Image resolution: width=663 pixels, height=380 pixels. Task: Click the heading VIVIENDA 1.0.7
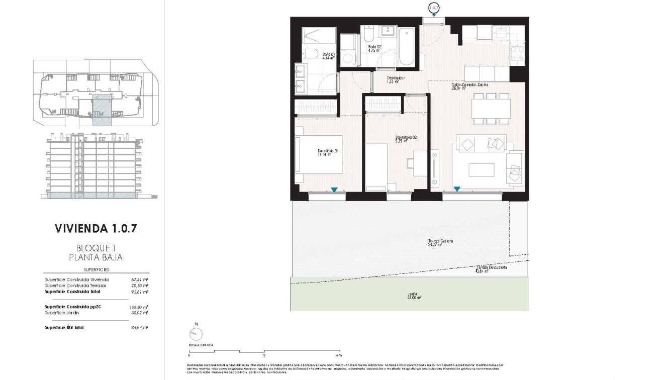(96, 229)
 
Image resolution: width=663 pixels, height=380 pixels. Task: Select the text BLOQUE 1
(96, 248)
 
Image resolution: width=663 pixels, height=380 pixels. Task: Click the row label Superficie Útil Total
(64, 327)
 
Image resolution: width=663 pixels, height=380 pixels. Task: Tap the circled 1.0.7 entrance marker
(433, 8)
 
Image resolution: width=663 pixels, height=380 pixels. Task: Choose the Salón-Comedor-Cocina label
(469, 86)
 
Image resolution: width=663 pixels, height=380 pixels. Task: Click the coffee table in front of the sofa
(481, 170)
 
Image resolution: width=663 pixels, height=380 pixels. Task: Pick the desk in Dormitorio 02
(419, 164)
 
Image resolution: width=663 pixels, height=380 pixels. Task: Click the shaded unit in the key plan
(102, 110)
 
